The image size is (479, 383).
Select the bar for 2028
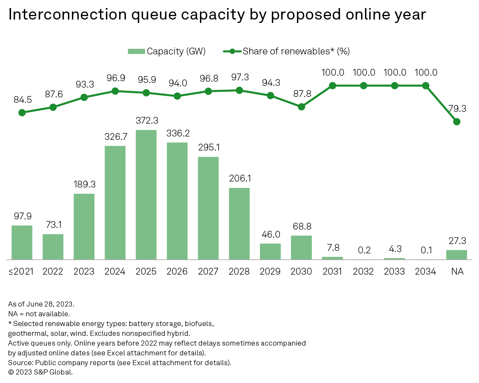coord(239,224)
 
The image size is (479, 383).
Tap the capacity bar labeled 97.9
coord(22,242)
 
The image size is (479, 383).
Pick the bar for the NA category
coord(456,255)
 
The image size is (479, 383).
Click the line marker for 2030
coord(301,107)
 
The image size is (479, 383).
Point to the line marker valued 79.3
coord(456,122)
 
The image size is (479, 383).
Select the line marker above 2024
coord(115,91)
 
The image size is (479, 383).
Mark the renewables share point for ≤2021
coord(22,113)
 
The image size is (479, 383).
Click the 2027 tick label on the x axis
coord(208,272)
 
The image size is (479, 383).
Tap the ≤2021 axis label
coord(22,272)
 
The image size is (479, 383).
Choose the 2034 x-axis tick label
coord(425,272)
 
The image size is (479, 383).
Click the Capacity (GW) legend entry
coord(167,51)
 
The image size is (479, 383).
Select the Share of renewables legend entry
coord(286,51)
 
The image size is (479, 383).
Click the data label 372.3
coord(146,121)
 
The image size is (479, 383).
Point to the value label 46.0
coord(270,235)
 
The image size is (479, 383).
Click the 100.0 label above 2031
coord(332,72)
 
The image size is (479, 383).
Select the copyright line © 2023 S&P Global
coord(40,372)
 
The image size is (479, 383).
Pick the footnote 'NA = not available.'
coord(38,314)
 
